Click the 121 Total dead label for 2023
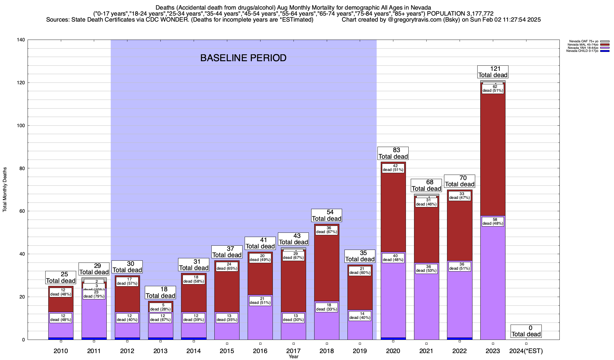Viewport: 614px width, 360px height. click(x=493, y=72)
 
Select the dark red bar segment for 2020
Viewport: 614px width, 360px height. click(x=393, y=210)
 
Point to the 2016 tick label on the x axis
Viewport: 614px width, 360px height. click(x=260, y=351)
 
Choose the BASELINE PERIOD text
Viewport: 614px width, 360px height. click(x=243, y=58)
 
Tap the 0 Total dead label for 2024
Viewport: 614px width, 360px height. click(x=526, y=331)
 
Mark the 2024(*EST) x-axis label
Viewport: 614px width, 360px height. click(x=526, y=351)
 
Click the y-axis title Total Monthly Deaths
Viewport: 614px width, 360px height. click(x=5, y=190)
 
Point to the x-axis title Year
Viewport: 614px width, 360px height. click(x=294, y=356)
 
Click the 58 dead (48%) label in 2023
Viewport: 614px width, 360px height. click(x=493, y=221)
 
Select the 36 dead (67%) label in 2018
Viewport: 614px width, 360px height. click(x=326, y=230)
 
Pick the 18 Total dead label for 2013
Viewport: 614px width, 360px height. click(x=160, y=292)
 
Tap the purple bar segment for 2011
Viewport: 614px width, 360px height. click(x=94, y=318)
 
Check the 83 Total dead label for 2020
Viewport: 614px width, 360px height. click(x=393, y=153)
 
